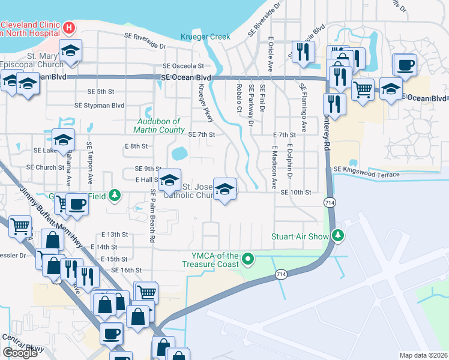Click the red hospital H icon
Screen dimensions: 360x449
70,28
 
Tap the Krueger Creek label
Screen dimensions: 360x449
205,37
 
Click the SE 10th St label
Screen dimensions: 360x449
295,192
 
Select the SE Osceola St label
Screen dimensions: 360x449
183,66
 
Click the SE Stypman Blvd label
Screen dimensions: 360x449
99,105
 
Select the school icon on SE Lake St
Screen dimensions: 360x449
63,140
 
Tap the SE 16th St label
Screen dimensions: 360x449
126,271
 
